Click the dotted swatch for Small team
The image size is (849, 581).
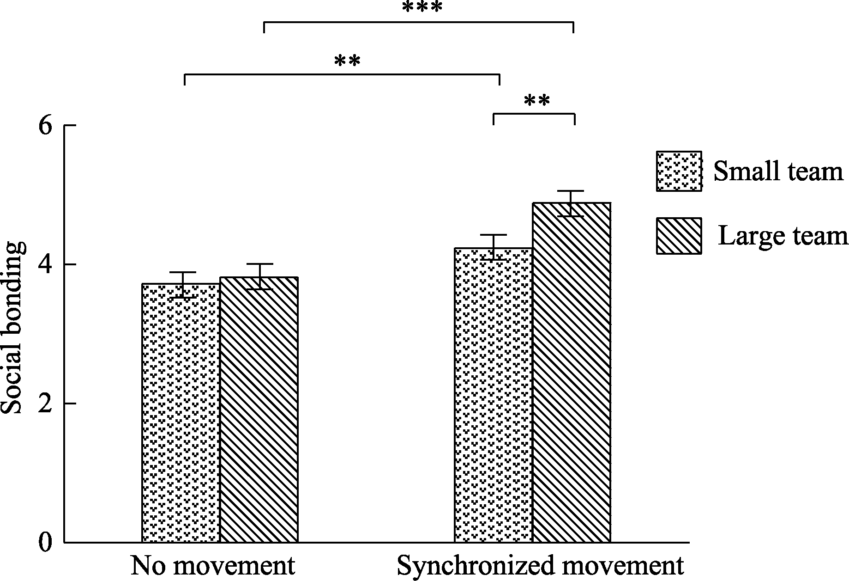point(679,171)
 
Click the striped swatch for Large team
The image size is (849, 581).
point(679,236)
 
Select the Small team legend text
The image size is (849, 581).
point(778,171)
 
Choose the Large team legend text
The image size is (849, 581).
point(783,236)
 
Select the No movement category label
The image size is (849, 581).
point(213,565)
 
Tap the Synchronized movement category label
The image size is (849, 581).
point(540,565)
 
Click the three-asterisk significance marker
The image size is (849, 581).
point(422,8)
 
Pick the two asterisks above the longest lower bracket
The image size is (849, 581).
point(347,61)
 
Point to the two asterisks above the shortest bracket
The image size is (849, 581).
point(537,100)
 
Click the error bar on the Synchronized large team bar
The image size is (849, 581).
point(571,203)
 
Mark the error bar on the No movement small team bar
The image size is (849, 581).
point(183,285)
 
